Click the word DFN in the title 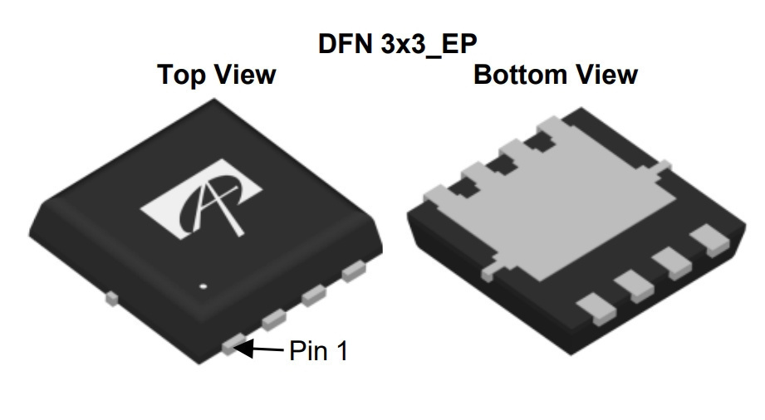(x=345, y=44)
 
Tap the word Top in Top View (x=179, y=76)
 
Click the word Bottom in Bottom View (x=520, y=75)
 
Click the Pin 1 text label (x=319, y=350)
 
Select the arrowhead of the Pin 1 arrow (x=244, y=349)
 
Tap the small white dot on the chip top (x=204, y=286)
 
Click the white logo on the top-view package (x=201, y=198)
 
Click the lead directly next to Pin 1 (x=274, y=320)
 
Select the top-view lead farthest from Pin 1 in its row (x=354, y=271)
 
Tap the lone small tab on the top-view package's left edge (x=112, y=298)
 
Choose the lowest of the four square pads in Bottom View (x=596, y=309)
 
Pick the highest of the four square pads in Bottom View (x=710, y=241)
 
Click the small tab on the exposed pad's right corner (x=664, y=168)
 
